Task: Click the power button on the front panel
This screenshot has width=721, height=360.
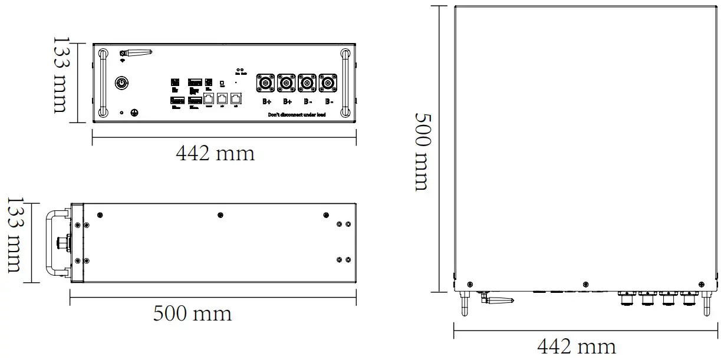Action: [121, 83]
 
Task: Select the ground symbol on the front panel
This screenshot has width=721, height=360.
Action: [134, 112]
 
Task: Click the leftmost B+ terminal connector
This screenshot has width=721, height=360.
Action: [266, 84]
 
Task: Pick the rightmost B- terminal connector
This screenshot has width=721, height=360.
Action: [328, 84]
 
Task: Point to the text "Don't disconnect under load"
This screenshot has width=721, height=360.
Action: [297, 114]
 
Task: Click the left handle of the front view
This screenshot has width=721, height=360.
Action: [103, 83]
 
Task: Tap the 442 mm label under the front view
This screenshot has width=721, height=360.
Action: [215, 154]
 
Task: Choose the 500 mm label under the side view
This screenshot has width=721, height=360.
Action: [192, 313]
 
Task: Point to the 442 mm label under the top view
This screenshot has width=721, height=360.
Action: [577, 346]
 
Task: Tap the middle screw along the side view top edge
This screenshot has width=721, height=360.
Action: [220, 214]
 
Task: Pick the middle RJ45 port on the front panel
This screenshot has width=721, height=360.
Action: [222, 98]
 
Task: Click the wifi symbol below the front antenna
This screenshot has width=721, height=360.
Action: [123, 60]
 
